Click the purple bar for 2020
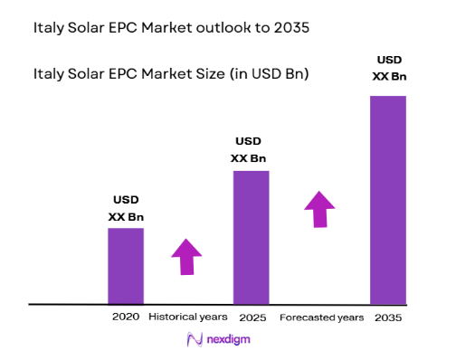tap(126, 265)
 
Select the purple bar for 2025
tap(251, 237)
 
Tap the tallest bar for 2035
tap(388, 199)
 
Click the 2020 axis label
tap(126, 317)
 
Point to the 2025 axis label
tap(252, 317)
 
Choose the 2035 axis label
tap(388, 317)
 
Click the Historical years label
tap(188, 317)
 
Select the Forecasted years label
tap(321, 317)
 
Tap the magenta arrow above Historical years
tap(186, 256)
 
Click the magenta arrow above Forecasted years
tap(319, 209)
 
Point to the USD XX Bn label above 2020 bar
tap(126, 208)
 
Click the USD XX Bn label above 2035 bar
tap(388, 69)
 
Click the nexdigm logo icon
tap(193, 339)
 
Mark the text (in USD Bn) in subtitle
tap(265, 73)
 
